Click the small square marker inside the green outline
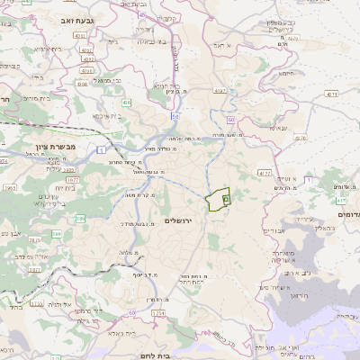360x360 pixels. [x=226, y=198]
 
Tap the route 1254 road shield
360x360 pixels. [x=158, y=312]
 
